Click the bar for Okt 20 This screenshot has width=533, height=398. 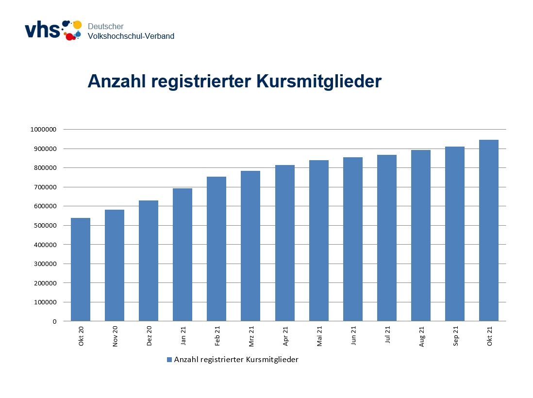click(81, 269)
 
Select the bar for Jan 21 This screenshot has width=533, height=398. click(183, 255)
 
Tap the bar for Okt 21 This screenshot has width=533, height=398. click(488, 231)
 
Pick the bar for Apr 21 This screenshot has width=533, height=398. click(284, 243)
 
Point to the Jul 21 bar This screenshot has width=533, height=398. click(386, 238)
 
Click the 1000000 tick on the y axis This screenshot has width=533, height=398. click(43, 130)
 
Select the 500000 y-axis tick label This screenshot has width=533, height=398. click(45, 226)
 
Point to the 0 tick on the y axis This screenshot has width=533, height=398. click(54, 321)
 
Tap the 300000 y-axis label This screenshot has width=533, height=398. click(45, 264)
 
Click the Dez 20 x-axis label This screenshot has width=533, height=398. click(149, 335)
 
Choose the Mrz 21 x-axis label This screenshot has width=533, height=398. click(251, 335)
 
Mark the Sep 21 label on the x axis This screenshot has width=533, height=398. click(455, 335)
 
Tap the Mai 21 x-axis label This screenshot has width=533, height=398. click(319, 335)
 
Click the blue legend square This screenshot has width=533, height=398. click(169, 360)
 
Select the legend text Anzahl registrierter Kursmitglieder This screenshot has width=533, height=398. click(236, 360)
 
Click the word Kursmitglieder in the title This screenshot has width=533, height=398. click(319, 82)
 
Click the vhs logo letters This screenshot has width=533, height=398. click(42, 30)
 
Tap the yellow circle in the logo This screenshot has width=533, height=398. click(77, 25)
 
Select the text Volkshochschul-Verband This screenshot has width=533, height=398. click(131, 36)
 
